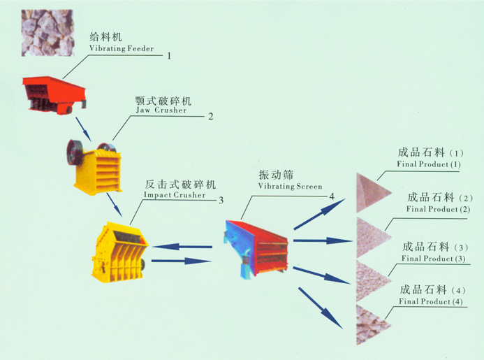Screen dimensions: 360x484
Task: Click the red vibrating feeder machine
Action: pos(54,92)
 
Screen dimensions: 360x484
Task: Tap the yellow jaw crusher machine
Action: pos(93,165)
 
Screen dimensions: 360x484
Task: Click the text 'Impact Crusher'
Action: pos(175,195)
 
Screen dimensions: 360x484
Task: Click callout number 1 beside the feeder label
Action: pos(169,55)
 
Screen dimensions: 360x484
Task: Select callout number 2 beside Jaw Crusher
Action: pos(210,116)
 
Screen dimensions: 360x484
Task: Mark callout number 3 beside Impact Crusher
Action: pos(221,200)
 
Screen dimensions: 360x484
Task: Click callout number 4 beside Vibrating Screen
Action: pos(333,195)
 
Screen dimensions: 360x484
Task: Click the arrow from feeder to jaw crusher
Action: pos(83,128)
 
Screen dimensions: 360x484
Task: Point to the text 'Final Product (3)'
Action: pos(434,259)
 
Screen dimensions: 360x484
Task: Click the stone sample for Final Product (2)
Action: pos(367,236)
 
